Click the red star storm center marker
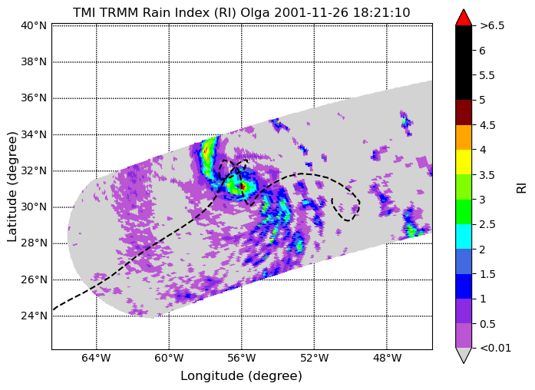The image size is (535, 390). click(x=243, y=187)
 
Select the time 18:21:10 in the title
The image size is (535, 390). click(x=381, y=13)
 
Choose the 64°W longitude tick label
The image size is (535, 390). click(x=97, y=359)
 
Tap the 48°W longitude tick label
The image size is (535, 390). click(x=387, y=359)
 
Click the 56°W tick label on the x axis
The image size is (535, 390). click(x=242, y=359)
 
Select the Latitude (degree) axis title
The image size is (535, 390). click(x=12, y=187)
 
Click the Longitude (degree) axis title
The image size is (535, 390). click(x=242, y=376)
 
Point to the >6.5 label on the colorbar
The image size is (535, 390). click(x=492, y=25)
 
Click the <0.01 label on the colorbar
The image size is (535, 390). click(x=495, y=348)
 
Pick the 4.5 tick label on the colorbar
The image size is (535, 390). click(x=487, y=125)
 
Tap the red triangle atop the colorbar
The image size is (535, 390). click(x=464, y=18)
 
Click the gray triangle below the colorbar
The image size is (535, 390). click(x=464, y=355)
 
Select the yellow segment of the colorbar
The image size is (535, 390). click(x=464, y=162)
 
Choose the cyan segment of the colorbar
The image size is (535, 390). click(x=464, y=236)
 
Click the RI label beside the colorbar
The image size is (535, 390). click(x=522, y=188)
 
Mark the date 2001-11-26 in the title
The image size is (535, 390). click(x=311, y=13)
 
